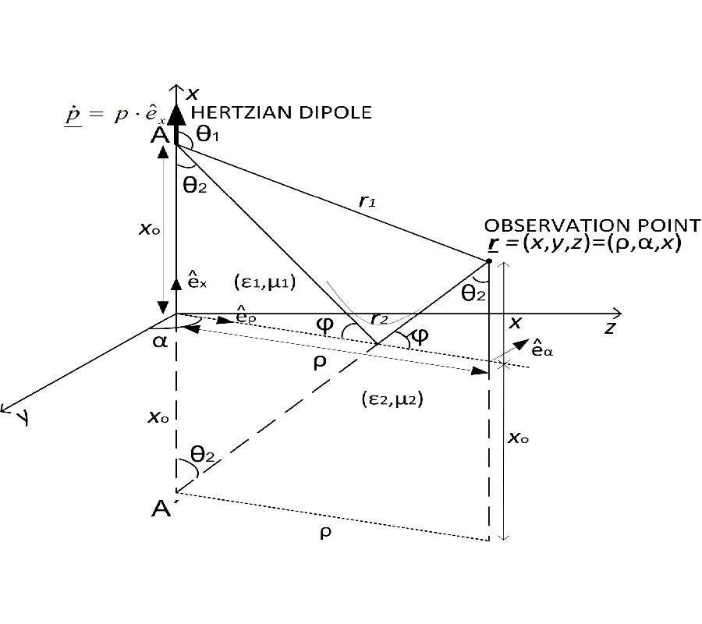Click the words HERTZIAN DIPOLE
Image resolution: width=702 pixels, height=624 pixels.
point(281,114)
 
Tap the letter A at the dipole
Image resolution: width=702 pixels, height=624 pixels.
point(159,135)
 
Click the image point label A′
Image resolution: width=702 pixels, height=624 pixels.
point(162,510)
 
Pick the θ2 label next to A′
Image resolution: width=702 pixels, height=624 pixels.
point(201,455)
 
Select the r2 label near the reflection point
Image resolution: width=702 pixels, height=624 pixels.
point(379,318)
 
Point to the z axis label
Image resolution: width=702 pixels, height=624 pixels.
point(610,328)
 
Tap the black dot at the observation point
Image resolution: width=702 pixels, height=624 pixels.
point(488,261)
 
